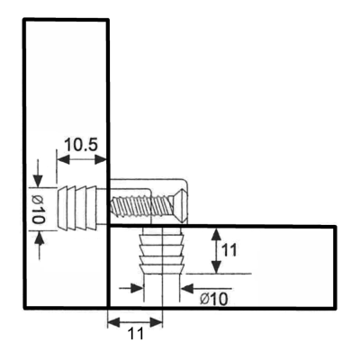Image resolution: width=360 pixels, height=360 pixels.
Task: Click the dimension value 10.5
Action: [x=81, y=145]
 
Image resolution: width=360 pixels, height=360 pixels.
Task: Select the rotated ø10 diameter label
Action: [x=39, y=210]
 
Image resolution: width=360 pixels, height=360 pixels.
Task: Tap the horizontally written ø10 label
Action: [x=214, y=299]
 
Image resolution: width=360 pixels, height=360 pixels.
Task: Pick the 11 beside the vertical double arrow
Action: [x=229, y=250]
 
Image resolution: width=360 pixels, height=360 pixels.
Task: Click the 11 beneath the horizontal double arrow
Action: [x=136, y=333]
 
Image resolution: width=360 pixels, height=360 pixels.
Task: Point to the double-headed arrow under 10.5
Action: [x=82, y=160]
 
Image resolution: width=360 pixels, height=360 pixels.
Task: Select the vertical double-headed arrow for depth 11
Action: [x=216, y=251]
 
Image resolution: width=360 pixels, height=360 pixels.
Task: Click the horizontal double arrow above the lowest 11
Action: [x=135, y=322]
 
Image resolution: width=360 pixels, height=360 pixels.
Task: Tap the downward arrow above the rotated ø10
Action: [x=38, y=174]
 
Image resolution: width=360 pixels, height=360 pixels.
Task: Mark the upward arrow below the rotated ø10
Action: [x=40, y=246]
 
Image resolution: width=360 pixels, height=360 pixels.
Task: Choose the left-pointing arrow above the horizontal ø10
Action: [x=206, y=289]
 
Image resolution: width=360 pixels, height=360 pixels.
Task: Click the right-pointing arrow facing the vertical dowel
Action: [x=130, y=288]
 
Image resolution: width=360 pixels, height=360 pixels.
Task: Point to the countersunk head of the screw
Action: [x=177, y=205]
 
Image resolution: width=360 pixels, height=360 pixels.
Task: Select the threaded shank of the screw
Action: [x=139, y=205]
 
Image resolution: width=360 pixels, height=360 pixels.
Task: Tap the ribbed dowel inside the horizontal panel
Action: [x=162, y=250]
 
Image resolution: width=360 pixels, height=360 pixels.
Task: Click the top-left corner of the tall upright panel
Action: [x=24, y=20]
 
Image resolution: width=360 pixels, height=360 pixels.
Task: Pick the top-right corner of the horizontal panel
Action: [x=335, y=227]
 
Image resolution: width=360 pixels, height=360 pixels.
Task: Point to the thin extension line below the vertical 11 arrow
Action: [x=219, y=274]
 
